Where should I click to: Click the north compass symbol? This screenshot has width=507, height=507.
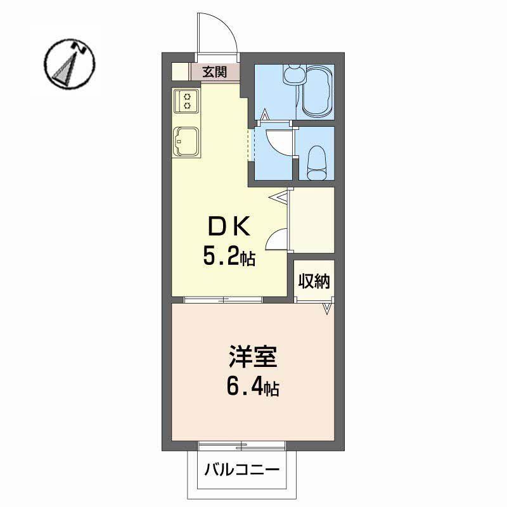[x=70, y=64]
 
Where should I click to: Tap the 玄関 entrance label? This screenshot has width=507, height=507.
[x=214, y=72]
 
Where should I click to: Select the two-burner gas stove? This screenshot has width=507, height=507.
[x=186, y=101]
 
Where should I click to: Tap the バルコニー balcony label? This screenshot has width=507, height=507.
[x=241, y=471]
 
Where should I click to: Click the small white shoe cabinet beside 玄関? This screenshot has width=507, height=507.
[x=180, y=72]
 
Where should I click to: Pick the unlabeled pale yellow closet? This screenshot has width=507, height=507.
[x=312, y=220]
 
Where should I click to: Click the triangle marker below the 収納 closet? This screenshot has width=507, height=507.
[x=327, y=309]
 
